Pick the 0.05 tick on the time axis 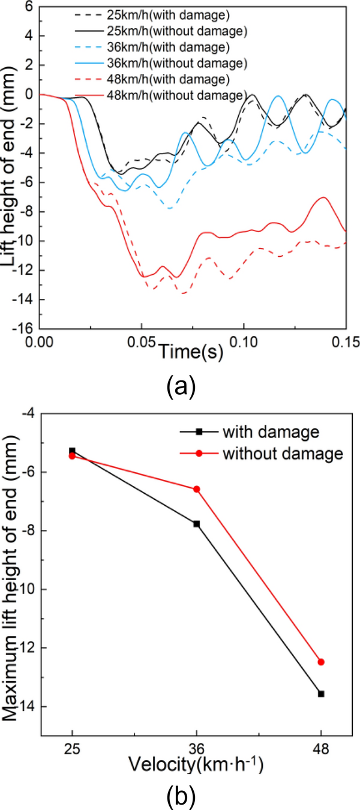tap(142, 341)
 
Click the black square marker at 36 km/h tap(196, 524)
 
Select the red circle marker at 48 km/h tap(321, 662)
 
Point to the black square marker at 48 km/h tap(321, 694)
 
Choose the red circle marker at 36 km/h tap(196, 489)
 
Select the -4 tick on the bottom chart tap(31, 413)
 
